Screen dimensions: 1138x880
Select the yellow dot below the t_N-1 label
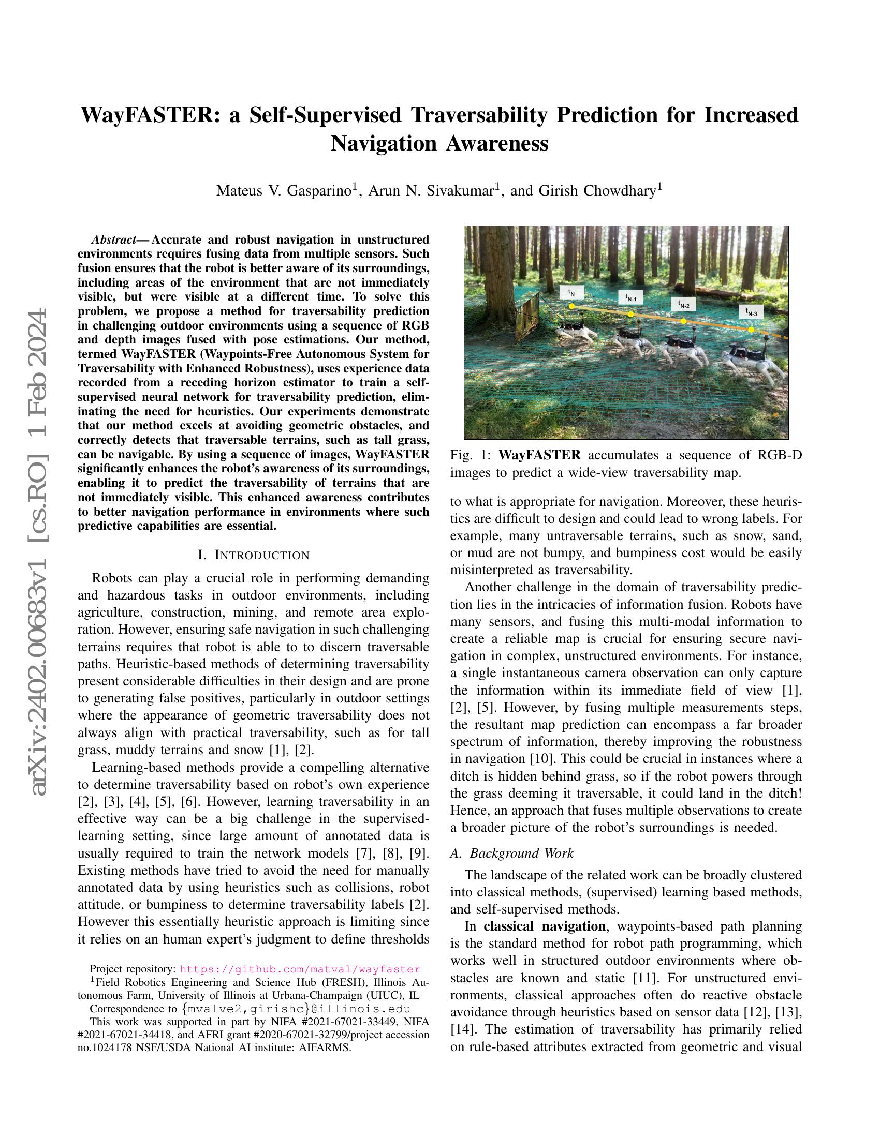pos(630,314)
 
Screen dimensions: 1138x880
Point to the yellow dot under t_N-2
pos(684,321)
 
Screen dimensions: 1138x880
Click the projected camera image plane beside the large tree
pos(527,318)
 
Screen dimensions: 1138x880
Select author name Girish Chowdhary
pos(597,191)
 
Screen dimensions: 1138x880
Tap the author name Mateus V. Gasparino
pos(284,191)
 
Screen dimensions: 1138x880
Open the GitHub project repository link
pos(300,969)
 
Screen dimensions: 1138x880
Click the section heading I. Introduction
pos(254,555)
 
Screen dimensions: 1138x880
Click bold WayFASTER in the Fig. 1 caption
pos(539,455)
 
